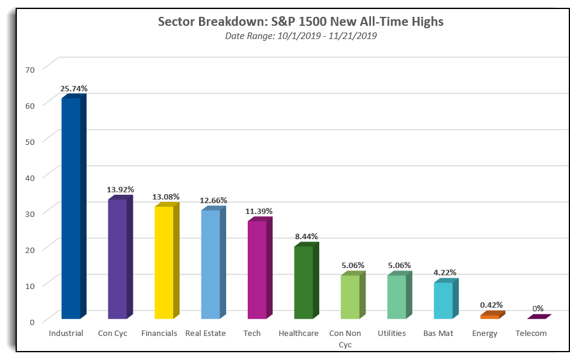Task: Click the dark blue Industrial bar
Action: click(74, 206)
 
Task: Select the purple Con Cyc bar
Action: click(120, 257)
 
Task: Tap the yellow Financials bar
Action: click(167, 261)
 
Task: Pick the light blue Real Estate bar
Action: click(213, 263)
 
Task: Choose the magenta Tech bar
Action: click(260, 268)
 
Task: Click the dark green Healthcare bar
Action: click(307, 281)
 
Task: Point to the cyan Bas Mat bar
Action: click(446, 299)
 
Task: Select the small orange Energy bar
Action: click(492, 315)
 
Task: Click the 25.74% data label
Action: click(74, 88)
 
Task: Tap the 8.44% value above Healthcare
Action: click(307, 236)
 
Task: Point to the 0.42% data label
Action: click(491, 305)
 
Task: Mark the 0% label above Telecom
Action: click(538, 308)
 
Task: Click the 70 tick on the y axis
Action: click(30, 70)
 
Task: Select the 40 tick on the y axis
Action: click(30, 178)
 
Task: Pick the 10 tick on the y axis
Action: click(30, 286)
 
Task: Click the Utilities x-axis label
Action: click(391, 333)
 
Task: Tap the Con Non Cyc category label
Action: click(345, 338)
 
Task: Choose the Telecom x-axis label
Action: click(531, 333)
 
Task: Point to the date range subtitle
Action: click(301, 35)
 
